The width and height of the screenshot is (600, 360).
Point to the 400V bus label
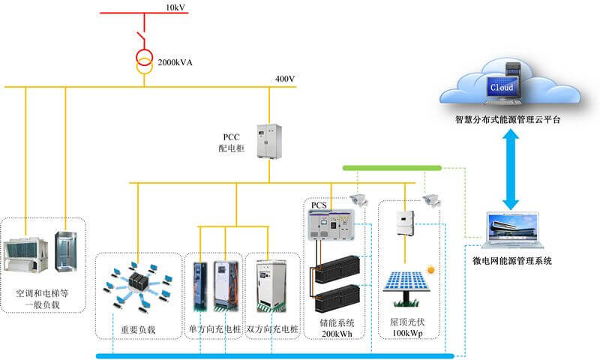pos(286,79)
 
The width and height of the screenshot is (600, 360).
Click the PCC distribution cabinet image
pos(267,139)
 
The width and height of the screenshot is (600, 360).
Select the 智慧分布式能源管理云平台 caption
pos(508,119)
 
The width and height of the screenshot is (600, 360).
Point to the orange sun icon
pos(430,268)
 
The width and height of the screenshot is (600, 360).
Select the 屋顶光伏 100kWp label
pos(407,328)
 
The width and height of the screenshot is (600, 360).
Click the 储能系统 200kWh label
pos(335,328)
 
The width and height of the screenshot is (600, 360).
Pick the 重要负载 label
pos(138,330)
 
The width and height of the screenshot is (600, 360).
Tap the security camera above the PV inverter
pos(429,199)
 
